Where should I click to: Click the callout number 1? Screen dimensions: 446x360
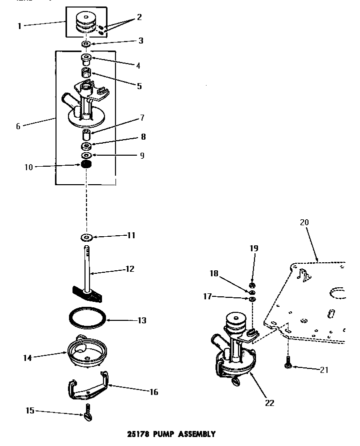[19, 26]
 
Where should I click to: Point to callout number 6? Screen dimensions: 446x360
[18, 126]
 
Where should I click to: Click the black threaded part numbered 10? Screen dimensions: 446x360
[87, 165]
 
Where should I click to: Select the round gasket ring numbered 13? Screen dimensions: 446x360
[87, 319]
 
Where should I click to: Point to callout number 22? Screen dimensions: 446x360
[269, 402]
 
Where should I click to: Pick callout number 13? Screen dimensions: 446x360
[141, 320]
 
